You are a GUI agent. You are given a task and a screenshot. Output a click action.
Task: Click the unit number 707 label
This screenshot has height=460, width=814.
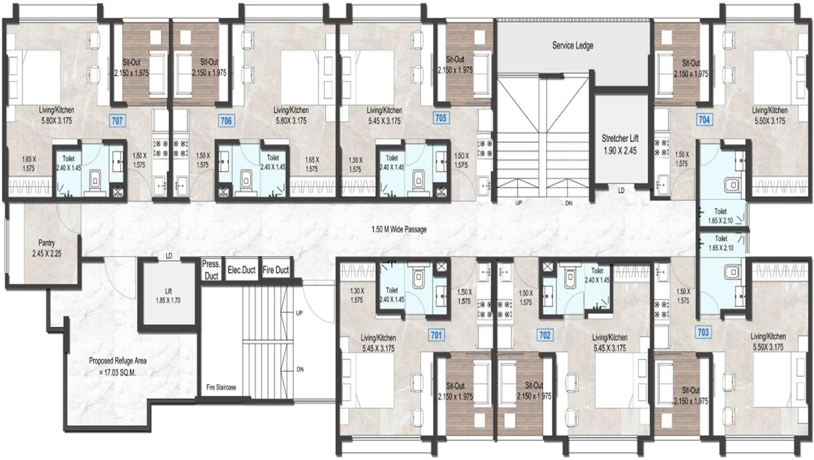(x=117, y=120)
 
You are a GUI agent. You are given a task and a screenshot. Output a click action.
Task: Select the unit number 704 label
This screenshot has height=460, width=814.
(x=704, y=120)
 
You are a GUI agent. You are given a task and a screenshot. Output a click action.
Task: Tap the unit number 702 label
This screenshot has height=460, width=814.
(x=545, y=335)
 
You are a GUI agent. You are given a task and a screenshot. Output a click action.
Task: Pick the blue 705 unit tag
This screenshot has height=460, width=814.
(x=441, y=118)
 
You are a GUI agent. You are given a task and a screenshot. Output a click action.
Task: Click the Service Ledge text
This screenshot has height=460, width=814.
(x=572, y=46)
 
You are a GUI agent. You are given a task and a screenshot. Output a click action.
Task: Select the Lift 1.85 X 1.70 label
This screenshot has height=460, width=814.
(x=168, y=296)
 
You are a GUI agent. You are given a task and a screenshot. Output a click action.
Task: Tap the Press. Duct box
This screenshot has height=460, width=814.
(x=211, y=270)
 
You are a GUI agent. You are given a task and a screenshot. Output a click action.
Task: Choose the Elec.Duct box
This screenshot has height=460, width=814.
(x=241, y=270)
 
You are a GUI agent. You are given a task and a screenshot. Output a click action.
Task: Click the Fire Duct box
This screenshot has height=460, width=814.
(x=276, y=270)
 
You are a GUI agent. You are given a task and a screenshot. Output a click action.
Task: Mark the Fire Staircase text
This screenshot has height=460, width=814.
(x=221, y=387)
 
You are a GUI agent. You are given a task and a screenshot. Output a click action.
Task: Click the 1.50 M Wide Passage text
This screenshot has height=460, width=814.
(x=399, y=229)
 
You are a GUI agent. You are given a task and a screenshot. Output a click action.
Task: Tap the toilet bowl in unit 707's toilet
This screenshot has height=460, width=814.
(x=95, y=179)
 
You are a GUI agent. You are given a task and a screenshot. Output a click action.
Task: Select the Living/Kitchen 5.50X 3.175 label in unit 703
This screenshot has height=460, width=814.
(x=768, y=341)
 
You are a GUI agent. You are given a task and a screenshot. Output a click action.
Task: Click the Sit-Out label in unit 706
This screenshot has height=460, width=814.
(x=209, y=62)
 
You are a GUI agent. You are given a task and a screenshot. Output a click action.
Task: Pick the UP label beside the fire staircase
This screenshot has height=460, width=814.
(x=299, y=313)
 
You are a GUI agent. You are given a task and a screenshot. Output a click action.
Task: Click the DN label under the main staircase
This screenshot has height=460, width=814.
(x=569, y=203)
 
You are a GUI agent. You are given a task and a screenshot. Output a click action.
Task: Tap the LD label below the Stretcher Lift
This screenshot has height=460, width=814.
(x=621, y=190)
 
